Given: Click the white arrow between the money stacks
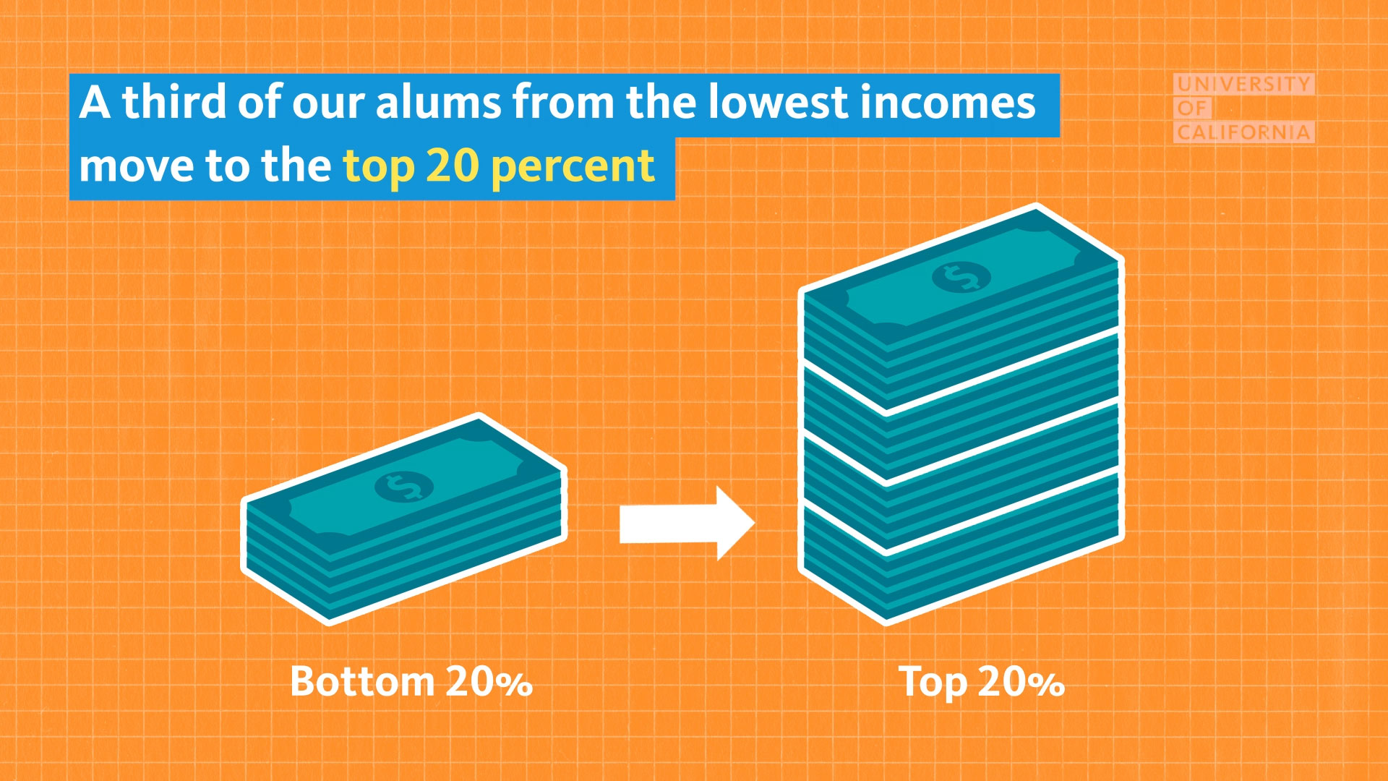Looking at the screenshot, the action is (687, 524).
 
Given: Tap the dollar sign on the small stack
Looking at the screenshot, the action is (404, 487).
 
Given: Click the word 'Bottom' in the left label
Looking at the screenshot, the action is (362, 681).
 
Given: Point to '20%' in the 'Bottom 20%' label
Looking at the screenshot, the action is (489, 682).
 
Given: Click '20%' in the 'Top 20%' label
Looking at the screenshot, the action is (1021, 682).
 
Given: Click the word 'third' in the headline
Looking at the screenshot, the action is (174, 102).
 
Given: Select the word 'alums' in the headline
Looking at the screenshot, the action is (438, 103).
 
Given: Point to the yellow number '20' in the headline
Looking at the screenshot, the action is (453, 166).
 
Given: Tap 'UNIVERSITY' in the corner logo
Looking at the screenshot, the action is (1244, 84).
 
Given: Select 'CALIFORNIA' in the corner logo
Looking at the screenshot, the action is (1244, 132).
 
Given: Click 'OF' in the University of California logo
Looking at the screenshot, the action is (1193, 108).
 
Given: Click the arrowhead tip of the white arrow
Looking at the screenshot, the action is (755, 524).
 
